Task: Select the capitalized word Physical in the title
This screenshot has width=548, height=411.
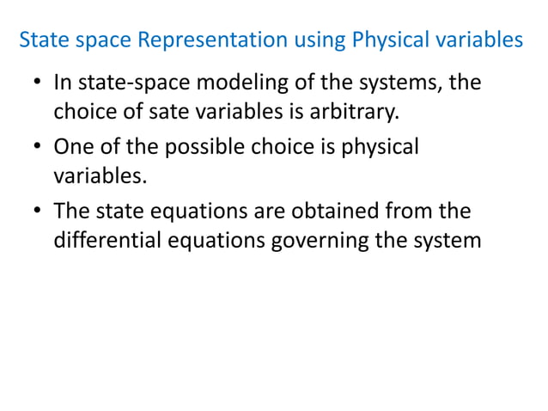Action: click(x=383, y=40)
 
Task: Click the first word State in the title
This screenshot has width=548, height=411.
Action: click(x=40, y=40)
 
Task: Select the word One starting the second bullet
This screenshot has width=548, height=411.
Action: click(x=71, y=147)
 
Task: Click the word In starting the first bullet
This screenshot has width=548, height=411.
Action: click(x=62, y=84)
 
